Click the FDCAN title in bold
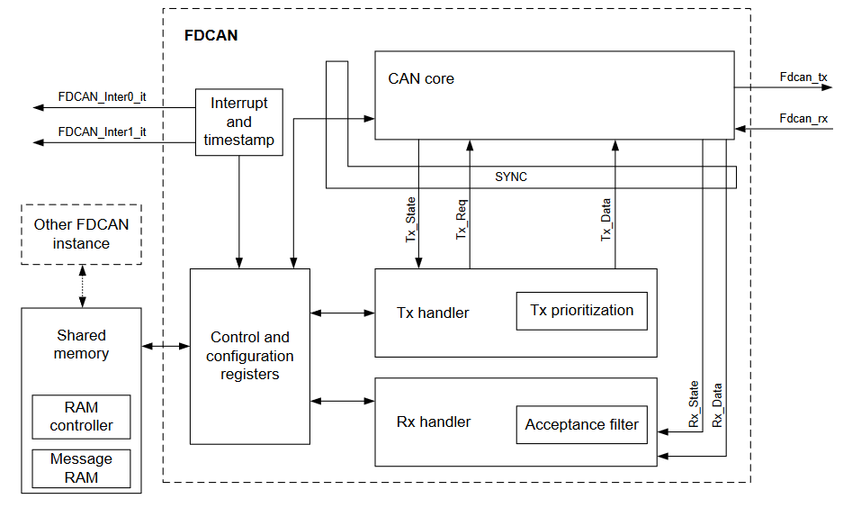[211, 37]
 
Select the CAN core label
[420, 78]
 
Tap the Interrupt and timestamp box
[238, 122]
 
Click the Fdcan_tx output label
[803, 77]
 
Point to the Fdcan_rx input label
[803, 118]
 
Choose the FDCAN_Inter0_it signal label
[102, 95]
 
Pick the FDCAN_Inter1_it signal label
[102, 132]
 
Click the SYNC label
[511, 177]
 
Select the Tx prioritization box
[581, 311]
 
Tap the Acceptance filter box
[581, 424]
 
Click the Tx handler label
[433, 313]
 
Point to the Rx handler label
[434, 422]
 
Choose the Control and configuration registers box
[249, 356]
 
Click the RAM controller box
[81, 417]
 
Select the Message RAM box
[81, 468]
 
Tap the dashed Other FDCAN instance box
[81, 234]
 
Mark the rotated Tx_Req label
[462, 220]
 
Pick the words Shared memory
[81, 344]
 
